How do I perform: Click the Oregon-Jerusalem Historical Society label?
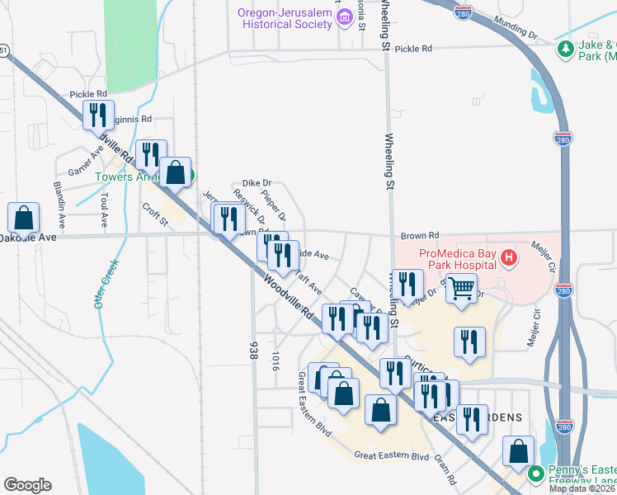point(285,18)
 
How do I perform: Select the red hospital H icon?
point(509,258)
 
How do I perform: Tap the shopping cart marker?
point(462,288)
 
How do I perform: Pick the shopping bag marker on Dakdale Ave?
point(24,218)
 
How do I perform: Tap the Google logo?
point(27,485)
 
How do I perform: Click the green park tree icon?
point(565,49)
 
